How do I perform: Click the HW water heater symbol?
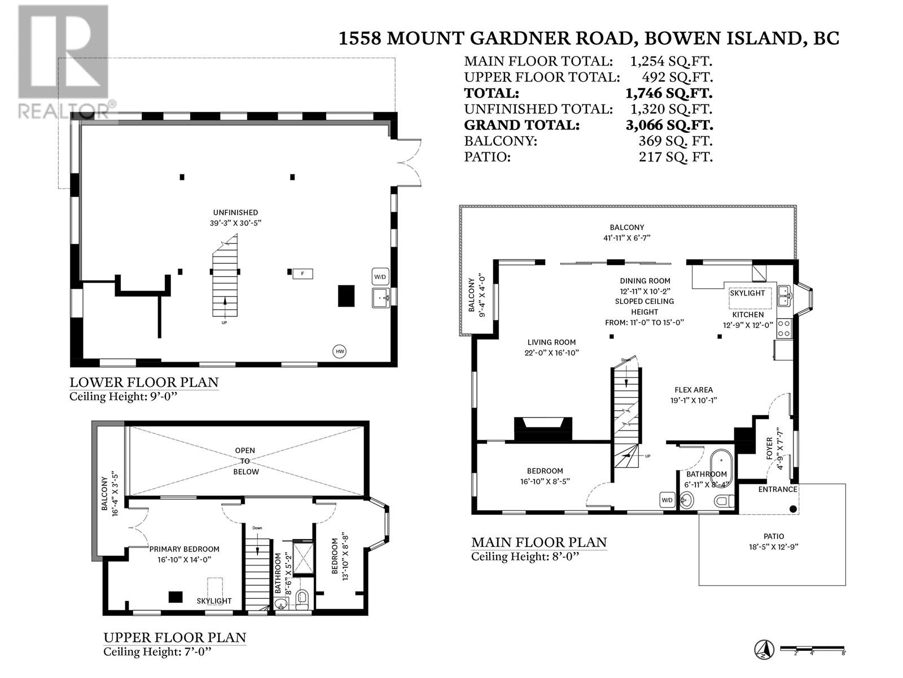click(340, 351)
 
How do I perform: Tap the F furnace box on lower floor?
click(303, 274)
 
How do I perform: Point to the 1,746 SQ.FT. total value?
click(668, 93)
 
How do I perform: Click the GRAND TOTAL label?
click(521, 125)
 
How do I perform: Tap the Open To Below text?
click(246, 461)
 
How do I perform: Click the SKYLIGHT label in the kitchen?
click(747, 293)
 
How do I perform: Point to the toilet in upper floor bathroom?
click(302, 599)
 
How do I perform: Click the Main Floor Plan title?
click(539, 542)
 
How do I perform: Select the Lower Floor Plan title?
click(143, 383)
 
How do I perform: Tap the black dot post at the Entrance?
click(793, 509)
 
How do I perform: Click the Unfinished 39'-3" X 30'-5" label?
click(236, 218)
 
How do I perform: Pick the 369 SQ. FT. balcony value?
click(675, 141)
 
